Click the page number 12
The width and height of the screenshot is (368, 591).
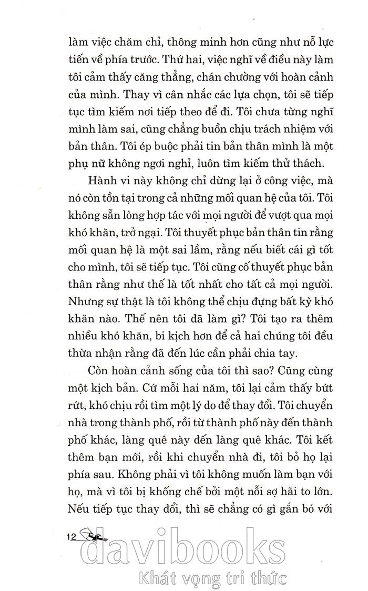coord(72,537)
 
